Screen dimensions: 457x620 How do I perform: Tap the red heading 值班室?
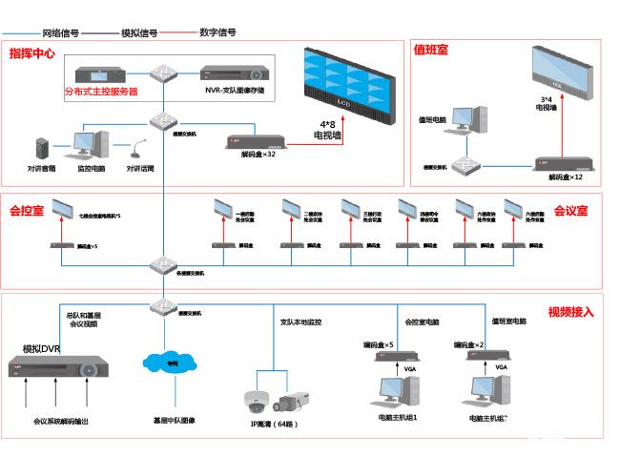tap(430, 48)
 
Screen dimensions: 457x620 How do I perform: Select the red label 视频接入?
tap(570, 312)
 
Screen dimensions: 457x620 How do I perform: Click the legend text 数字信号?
tap(217, 32)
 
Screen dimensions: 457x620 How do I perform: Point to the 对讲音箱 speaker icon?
tap(40, 149)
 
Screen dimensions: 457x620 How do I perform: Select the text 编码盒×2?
tap(469, 343)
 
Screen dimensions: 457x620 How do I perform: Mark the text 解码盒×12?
tap(565, 177)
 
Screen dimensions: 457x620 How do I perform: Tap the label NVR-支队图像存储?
tap(234, 91)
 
